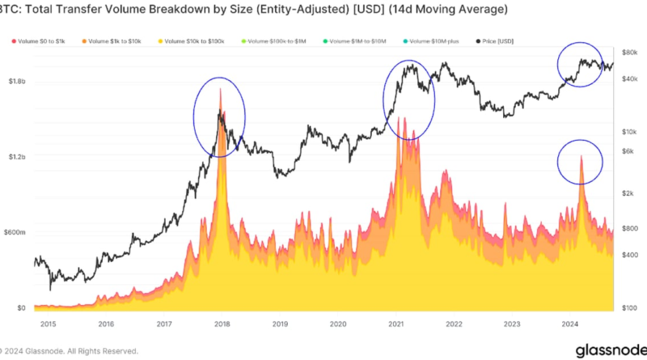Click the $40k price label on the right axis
click(631, 78)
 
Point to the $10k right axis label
click(631, 131)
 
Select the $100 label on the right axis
click(630, 308)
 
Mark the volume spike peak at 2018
click(220, 89)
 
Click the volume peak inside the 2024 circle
click(581, 155)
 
